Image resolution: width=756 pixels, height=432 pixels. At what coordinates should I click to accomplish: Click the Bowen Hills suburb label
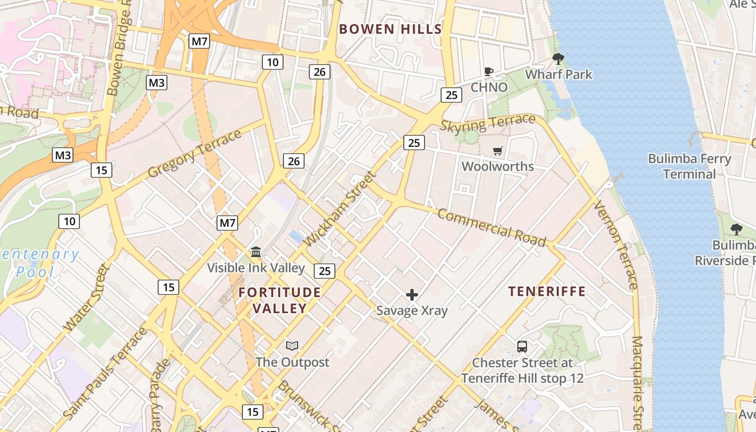pyautogui.click(x=390, y=29)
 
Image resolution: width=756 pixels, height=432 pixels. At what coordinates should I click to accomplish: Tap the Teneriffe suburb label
pyautogui.click(x=547, y=292)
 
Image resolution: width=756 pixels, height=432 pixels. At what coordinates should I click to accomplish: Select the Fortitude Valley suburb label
pyautogui.click(x=280, y=300)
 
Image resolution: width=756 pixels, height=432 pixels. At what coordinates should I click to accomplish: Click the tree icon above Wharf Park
pyautogui.click(x=558, y=59)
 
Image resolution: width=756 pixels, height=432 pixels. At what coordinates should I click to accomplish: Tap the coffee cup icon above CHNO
pyautogui.click(x=489, y=72)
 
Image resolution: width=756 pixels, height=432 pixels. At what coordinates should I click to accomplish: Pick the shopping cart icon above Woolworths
pyautogui.click(x=497, y=151)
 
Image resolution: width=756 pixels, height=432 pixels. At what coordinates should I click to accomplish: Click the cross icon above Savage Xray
pyautogui.click(x=412, y=295)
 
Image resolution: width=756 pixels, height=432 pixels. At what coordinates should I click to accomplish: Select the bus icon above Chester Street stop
pyautogui.click(x=522, y=347)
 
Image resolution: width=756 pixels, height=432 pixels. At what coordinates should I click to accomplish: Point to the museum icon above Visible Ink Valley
pyautogui.click(x=256, y=252)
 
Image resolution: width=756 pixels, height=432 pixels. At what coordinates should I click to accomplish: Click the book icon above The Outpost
pyautogui.click(x=292, y=346)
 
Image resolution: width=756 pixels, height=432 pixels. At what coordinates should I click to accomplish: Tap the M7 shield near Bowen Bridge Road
pyautogui.click(x=199, y=41)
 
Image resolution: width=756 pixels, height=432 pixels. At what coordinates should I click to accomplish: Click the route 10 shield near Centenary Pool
pyautogui.click(x=69, y=221)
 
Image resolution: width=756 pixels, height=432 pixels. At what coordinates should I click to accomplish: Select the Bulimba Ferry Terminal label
pyautogui.click(x=689, y=166)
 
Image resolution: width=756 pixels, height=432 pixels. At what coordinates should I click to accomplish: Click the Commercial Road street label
pyautogui.click(x=491, y=227)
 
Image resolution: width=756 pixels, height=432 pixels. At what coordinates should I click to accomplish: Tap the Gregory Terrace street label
pyautogui.click(x=194, y=153)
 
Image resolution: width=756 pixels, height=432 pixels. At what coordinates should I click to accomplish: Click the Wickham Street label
pyautogui.click(x=340, y=209)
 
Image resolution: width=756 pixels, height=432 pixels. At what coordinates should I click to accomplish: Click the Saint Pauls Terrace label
pyautogui.click(x=105, y=373)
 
